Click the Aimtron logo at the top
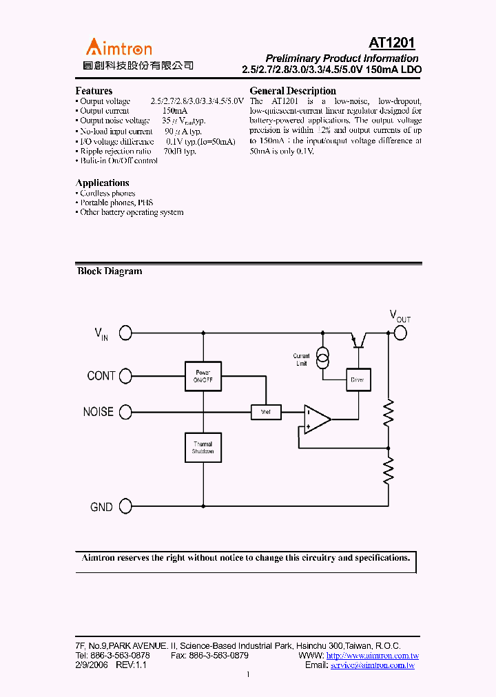[x=118, y=48]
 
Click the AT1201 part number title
[x=391, y=43]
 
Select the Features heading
[x=94, y=91]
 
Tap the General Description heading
[x=293, y=91]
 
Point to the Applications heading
[x=102, y=183]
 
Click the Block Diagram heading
[x=110, y=271]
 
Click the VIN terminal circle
[x=125, y=333]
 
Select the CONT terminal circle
[x=125, y=375]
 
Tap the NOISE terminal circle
[x=125, y=412]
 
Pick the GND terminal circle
[x=125, y=507]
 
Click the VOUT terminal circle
[x=400, y=333]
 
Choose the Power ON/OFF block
[x=203, y=376]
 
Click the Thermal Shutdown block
[x=203, y=448]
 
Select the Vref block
[x=266, y=412]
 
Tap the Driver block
[x=358, y=379]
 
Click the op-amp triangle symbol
[x=316, y=418]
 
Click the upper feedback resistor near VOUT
[x=389, y=413]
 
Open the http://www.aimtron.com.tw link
[x=372, y=656]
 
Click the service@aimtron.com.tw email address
[x=372, y=665]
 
